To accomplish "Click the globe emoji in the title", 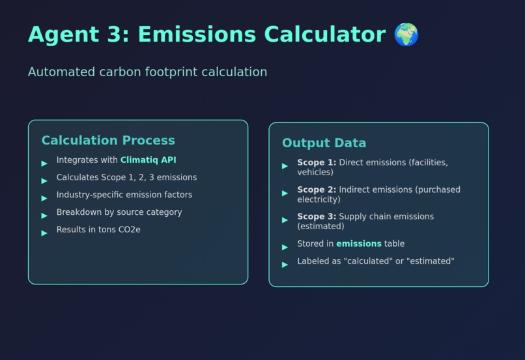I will tap(406, 35).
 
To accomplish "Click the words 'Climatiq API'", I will tap(149, 160).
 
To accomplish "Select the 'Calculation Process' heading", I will tap(108, 140).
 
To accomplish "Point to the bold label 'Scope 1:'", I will tap(317, 163).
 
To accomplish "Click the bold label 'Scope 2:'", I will tap(317, 190).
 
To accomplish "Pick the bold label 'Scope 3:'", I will tap(317, 217).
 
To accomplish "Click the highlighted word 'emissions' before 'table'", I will tap(359, 244).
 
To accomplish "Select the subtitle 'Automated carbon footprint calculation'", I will tap(147, 72).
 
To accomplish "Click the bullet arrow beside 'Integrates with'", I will tap(44, 163).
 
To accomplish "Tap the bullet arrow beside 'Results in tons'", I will tap(44, 233).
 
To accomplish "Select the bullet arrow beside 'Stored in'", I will tap(285, 247).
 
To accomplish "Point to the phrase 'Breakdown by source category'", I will tap(119, 212).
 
